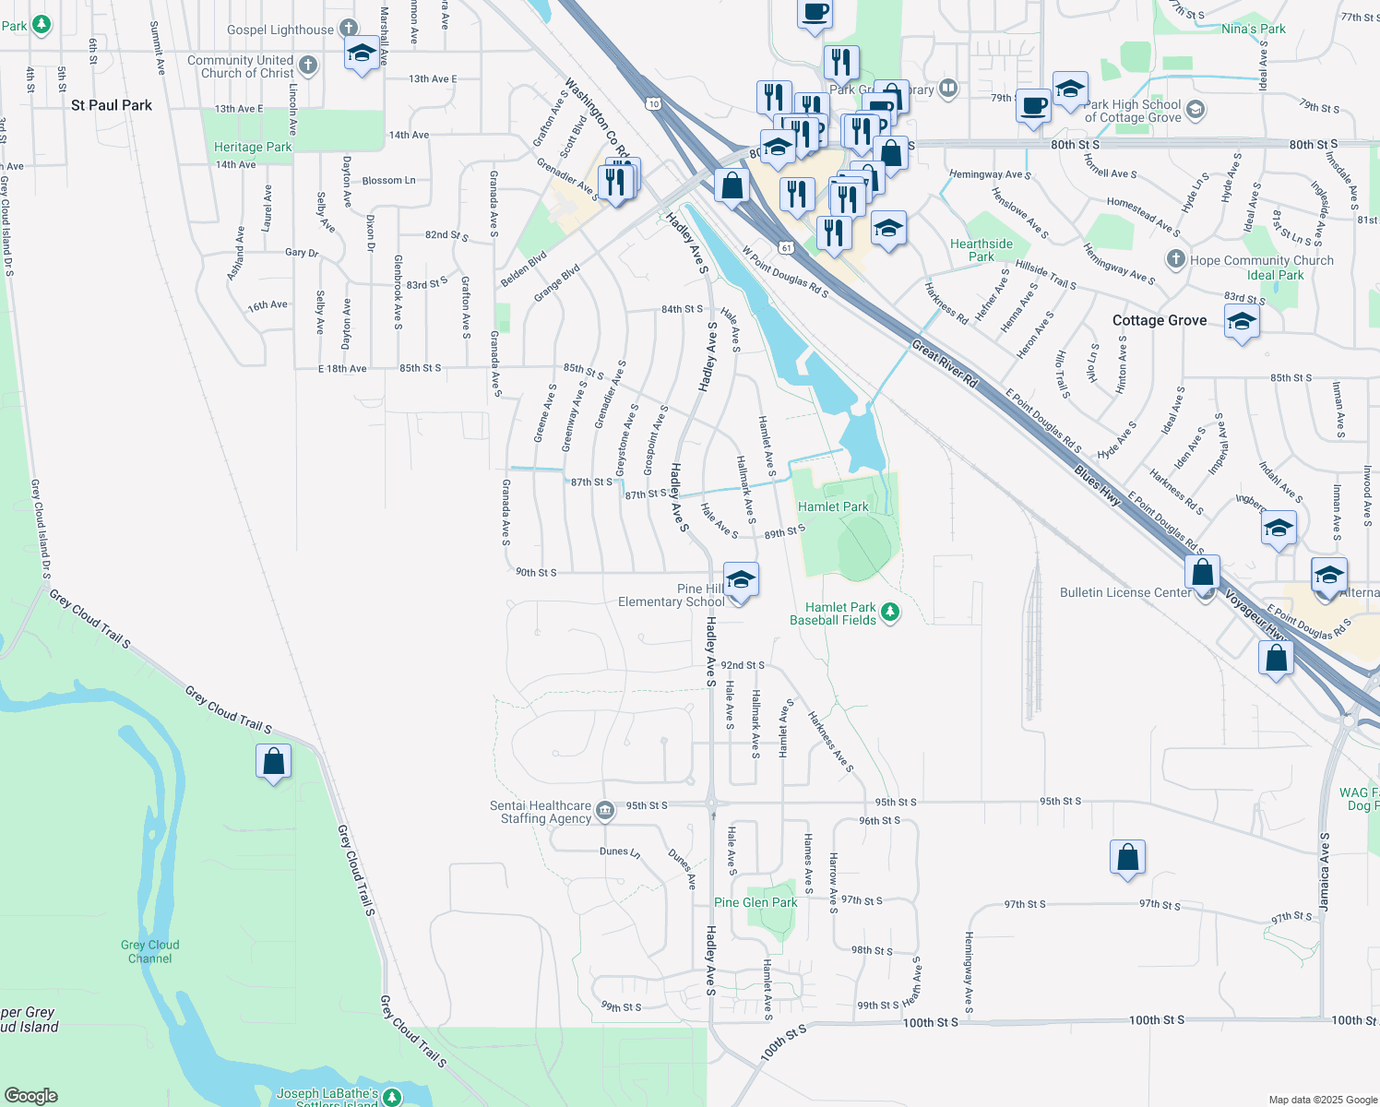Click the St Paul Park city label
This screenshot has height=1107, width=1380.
tap(112, 105)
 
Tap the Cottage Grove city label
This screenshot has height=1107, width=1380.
tap(1159, 320)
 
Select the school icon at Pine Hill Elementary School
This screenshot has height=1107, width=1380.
tap(741, 581)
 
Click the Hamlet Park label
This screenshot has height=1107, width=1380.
tap(832, 506)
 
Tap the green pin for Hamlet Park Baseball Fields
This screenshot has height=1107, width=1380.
tap(890, 613)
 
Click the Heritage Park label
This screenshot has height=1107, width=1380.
tap(253, 147)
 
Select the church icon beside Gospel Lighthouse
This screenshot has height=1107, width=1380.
tap(348, 29)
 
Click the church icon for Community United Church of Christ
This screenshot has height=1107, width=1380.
tap(308, 65)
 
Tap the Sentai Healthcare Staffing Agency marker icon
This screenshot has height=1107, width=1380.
tap(605, 811)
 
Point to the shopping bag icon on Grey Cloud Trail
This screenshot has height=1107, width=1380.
tap(274, 762)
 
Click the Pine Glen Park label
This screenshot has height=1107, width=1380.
tap(755, 902)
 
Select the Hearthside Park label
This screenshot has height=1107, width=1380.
tap(981, 250)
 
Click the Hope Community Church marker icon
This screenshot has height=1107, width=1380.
tap(1175, 259)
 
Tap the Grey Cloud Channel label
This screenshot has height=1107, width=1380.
tap(149, 951)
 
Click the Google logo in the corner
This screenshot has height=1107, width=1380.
tap(31, 1095)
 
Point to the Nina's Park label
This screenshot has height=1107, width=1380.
tap(1253, 29)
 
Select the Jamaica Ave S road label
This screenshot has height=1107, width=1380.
tap(1325, 872)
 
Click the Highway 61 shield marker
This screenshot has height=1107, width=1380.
tap(785, 247)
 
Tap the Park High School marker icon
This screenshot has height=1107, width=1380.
tap(1195, 111)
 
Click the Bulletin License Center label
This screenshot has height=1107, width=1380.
tap(1124, 592)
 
